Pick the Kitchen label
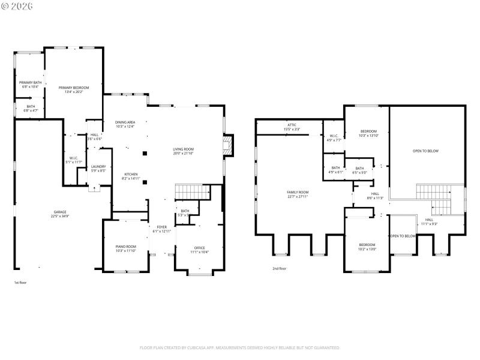click(x=130, y=176)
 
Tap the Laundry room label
click(x=98, y=169)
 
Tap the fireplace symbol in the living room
click(x=227, y=145)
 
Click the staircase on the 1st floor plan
click(x=193, y=192)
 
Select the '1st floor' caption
click(x=20, y=282)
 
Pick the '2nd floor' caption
click(x=279, y=268)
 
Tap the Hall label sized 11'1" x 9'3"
click(x=429, y=221)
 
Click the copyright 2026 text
click(x=17, y=6)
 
